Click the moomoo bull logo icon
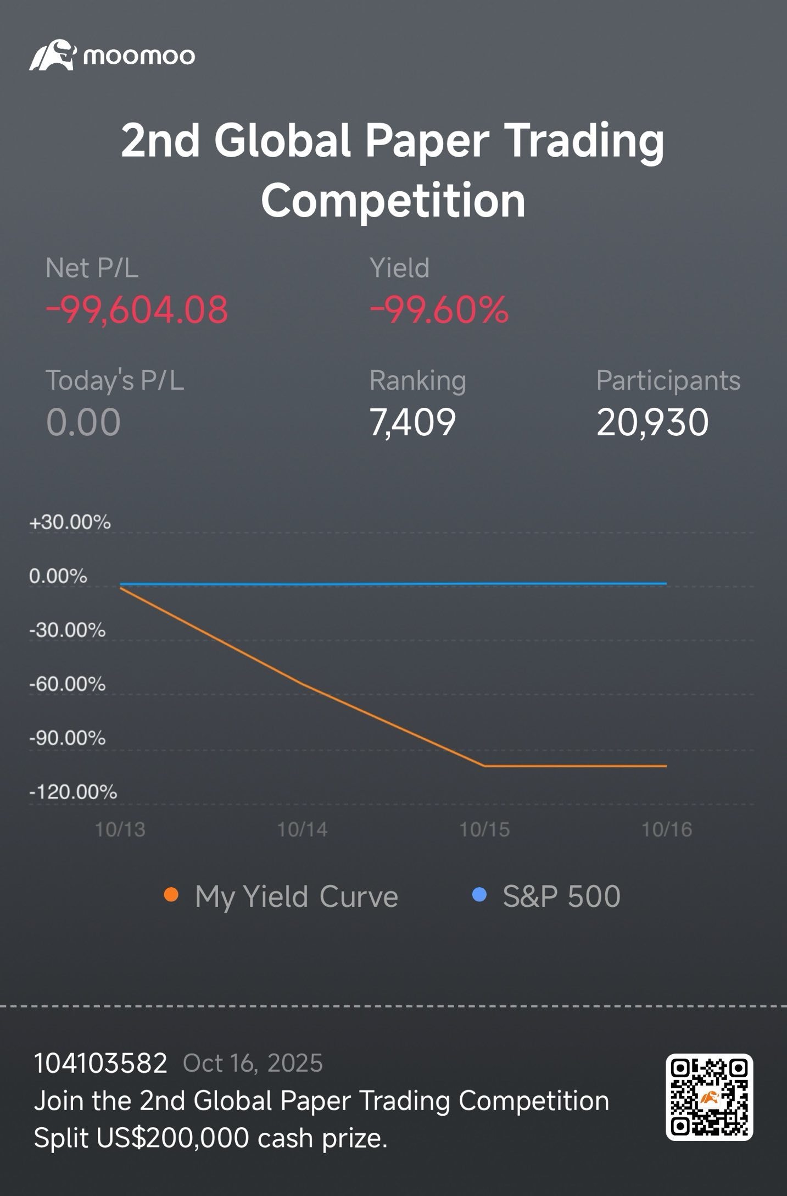tap(52, 55)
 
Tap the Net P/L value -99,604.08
tap(137, 309)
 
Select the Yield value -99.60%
tap(439, 309)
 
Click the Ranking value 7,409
tap(412, 422)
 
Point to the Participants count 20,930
tap(652, 422)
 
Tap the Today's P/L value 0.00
tap(83, 422)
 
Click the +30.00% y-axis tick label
tap(70, 522)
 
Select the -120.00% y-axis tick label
tap(73, 792)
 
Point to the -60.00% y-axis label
tap(67, 684)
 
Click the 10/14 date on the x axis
tap(302, 829)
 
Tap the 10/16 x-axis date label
tap(667, 829)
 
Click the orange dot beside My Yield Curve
tap(171, 895)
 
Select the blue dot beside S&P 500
tap(479, 895)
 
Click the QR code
tap(709, 1098)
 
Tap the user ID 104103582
tap(101, 1064)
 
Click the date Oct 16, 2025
tap(253, 1064)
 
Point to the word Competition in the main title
tap(393, 201)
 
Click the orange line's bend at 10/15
tap(484, 765)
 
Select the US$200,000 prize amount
tap(172, 1138)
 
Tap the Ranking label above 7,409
tap(418, 380)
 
